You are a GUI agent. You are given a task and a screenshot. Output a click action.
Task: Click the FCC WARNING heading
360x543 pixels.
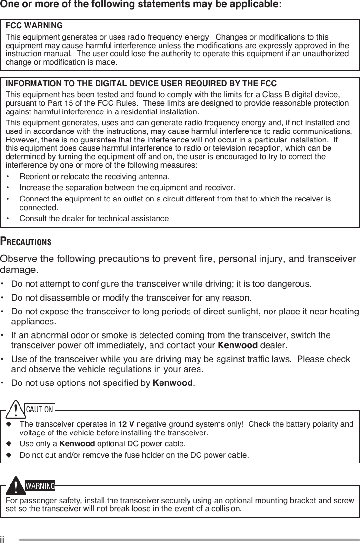pyautogui.click(x=33, y=25)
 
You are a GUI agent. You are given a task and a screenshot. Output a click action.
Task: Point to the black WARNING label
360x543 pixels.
pyautogui.click(x=40, y=486)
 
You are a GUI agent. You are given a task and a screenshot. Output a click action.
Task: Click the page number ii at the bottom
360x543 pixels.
pyautogui.click(x=3, y=539)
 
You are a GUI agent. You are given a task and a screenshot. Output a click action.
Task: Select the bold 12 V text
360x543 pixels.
pyautogui.click(x=125, y=425)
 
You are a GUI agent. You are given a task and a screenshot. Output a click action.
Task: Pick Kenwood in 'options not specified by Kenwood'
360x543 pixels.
pyautogui.click(x=172, y=383)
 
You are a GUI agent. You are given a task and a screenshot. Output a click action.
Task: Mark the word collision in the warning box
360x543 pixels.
pyautogui.click(x=226, y=509)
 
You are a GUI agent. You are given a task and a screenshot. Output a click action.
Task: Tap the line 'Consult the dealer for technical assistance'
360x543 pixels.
pyautogui.click(x=95, y=219)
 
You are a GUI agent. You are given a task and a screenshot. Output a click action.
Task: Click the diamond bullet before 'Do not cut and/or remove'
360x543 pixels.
pyautogui.click(x=9, y=455)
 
